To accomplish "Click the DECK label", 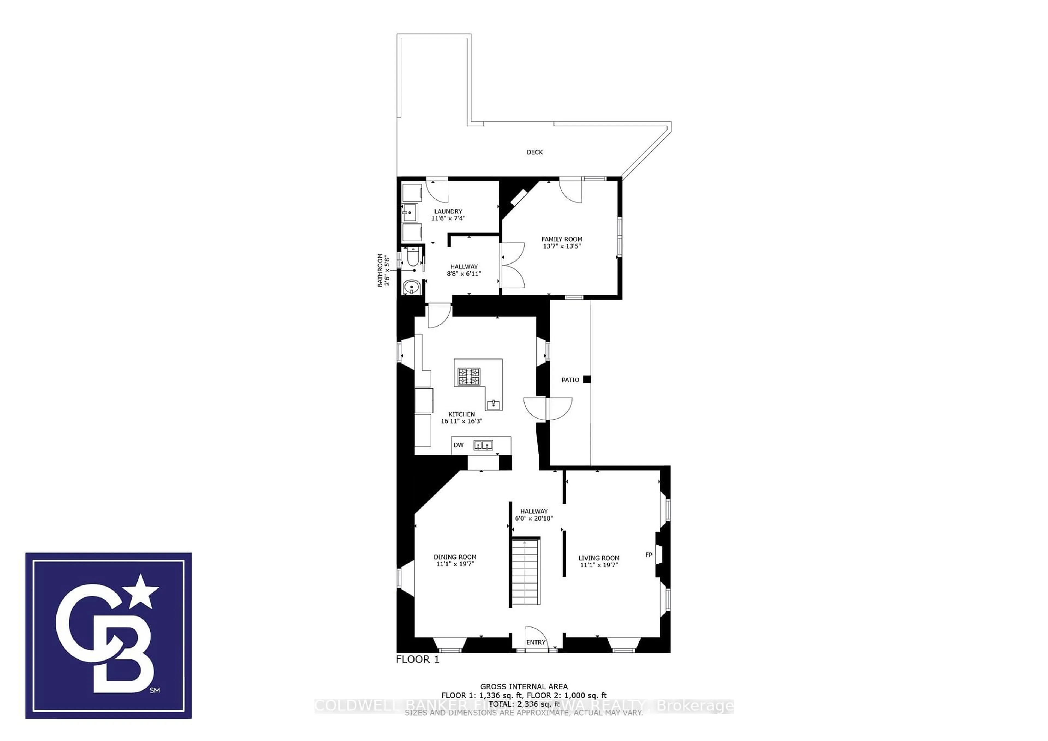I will [x=534, y=152].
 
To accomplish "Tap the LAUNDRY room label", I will [x=448, y=211].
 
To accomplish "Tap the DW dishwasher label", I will [x=458, y=445].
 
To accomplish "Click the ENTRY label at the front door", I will [x=535, y=642].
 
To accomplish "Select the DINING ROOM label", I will [x=455, y=557].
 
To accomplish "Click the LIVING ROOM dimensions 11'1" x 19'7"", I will [x=599, y=565].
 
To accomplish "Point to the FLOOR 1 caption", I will [x=417, y=659].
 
